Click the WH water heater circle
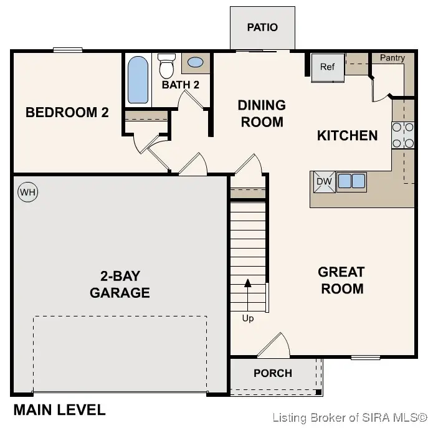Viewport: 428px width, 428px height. tap(27, 192)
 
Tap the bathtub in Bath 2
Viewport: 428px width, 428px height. tap(138, 80)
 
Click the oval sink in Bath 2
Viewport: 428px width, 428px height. tap(195, 63)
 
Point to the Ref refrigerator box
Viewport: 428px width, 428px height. tap(328, 67)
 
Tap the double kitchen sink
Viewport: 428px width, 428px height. tap(351, 181)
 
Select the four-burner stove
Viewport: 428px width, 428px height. tap(403, 135)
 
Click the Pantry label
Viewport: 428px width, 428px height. tap(392, 58)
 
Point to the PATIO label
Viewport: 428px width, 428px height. tap(262, 27)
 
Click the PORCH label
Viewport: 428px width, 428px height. tap(273, 373)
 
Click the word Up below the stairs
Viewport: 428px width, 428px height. tap(248, 318)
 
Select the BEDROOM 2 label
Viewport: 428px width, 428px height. tap(67, 113)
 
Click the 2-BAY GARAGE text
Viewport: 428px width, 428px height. tap(120, 284)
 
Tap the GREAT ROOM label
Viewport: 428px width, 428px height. tap(341, 280)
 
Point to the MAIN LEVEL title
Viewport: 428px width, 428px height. tap(59, 410)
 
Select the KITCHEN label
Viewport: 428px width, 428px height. tap(347, 135)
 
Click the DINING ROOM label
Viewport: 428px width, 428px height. tap(262, 113)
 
